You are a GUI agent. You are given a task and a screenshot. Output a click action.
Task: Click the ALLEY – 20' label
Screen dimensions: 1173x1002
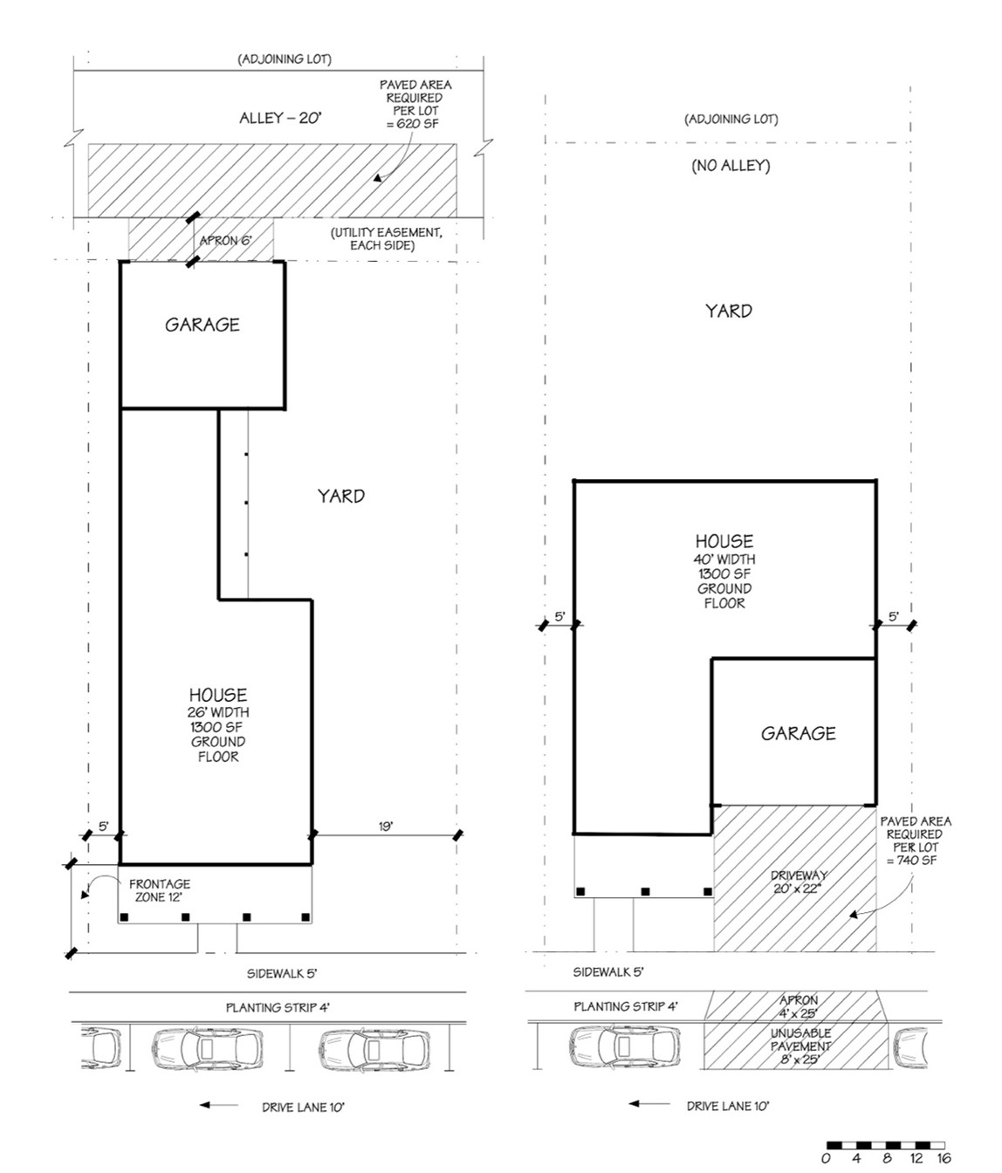click(281, 117)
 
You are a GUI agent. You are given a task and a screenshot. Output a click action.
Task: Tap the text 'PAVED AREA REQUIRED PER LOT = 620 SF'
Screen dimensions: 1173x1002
click(415, 104)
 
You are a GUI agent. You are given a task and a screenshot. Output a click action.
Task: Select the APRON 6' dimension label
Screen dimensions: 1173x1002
click(225, 240)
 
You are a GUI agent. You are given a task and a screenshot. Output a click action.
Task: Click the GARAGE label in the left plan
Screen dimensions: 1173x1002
click(202, 325)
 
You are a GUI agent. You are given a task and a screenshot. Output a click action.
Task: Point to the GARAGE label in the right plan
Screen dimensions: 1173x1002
click(798, 733)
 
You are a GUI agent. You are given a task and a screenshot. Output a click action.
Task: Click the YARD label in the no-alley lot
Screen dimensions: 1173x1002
click(728, 311)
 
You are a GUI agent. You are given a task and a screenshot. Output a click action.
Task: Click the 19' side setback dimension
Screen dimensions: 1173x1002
click(385, 826)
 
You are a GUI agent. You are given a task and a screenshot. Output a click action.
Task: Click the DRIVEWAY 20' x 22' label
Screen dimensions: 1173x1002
click(798, 881)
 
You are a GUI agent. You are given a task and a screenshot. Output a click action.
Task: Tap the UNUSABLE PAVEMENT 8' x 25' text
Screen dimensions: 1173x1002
click(800, 1046)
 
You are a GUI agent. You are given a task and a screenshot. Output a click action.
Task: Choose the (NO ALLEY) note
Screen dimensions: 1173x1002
click(731, 166)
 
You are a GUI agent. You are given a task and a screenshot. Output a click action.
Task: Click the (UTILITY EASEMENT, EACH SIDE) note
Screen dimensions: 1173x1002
click(385, 239)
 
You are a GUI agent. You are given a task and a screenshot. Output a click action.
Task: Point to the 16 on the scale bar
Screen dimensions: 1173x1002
click(944, 1158)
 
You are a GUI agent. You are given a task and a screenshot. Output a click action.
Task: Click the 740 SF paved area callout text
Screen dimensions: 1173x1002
click(915, 840)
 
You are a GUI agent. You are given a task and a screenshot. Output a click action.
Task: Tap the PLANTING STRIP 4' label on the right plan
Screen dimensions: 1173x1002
click(625, 1006)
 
